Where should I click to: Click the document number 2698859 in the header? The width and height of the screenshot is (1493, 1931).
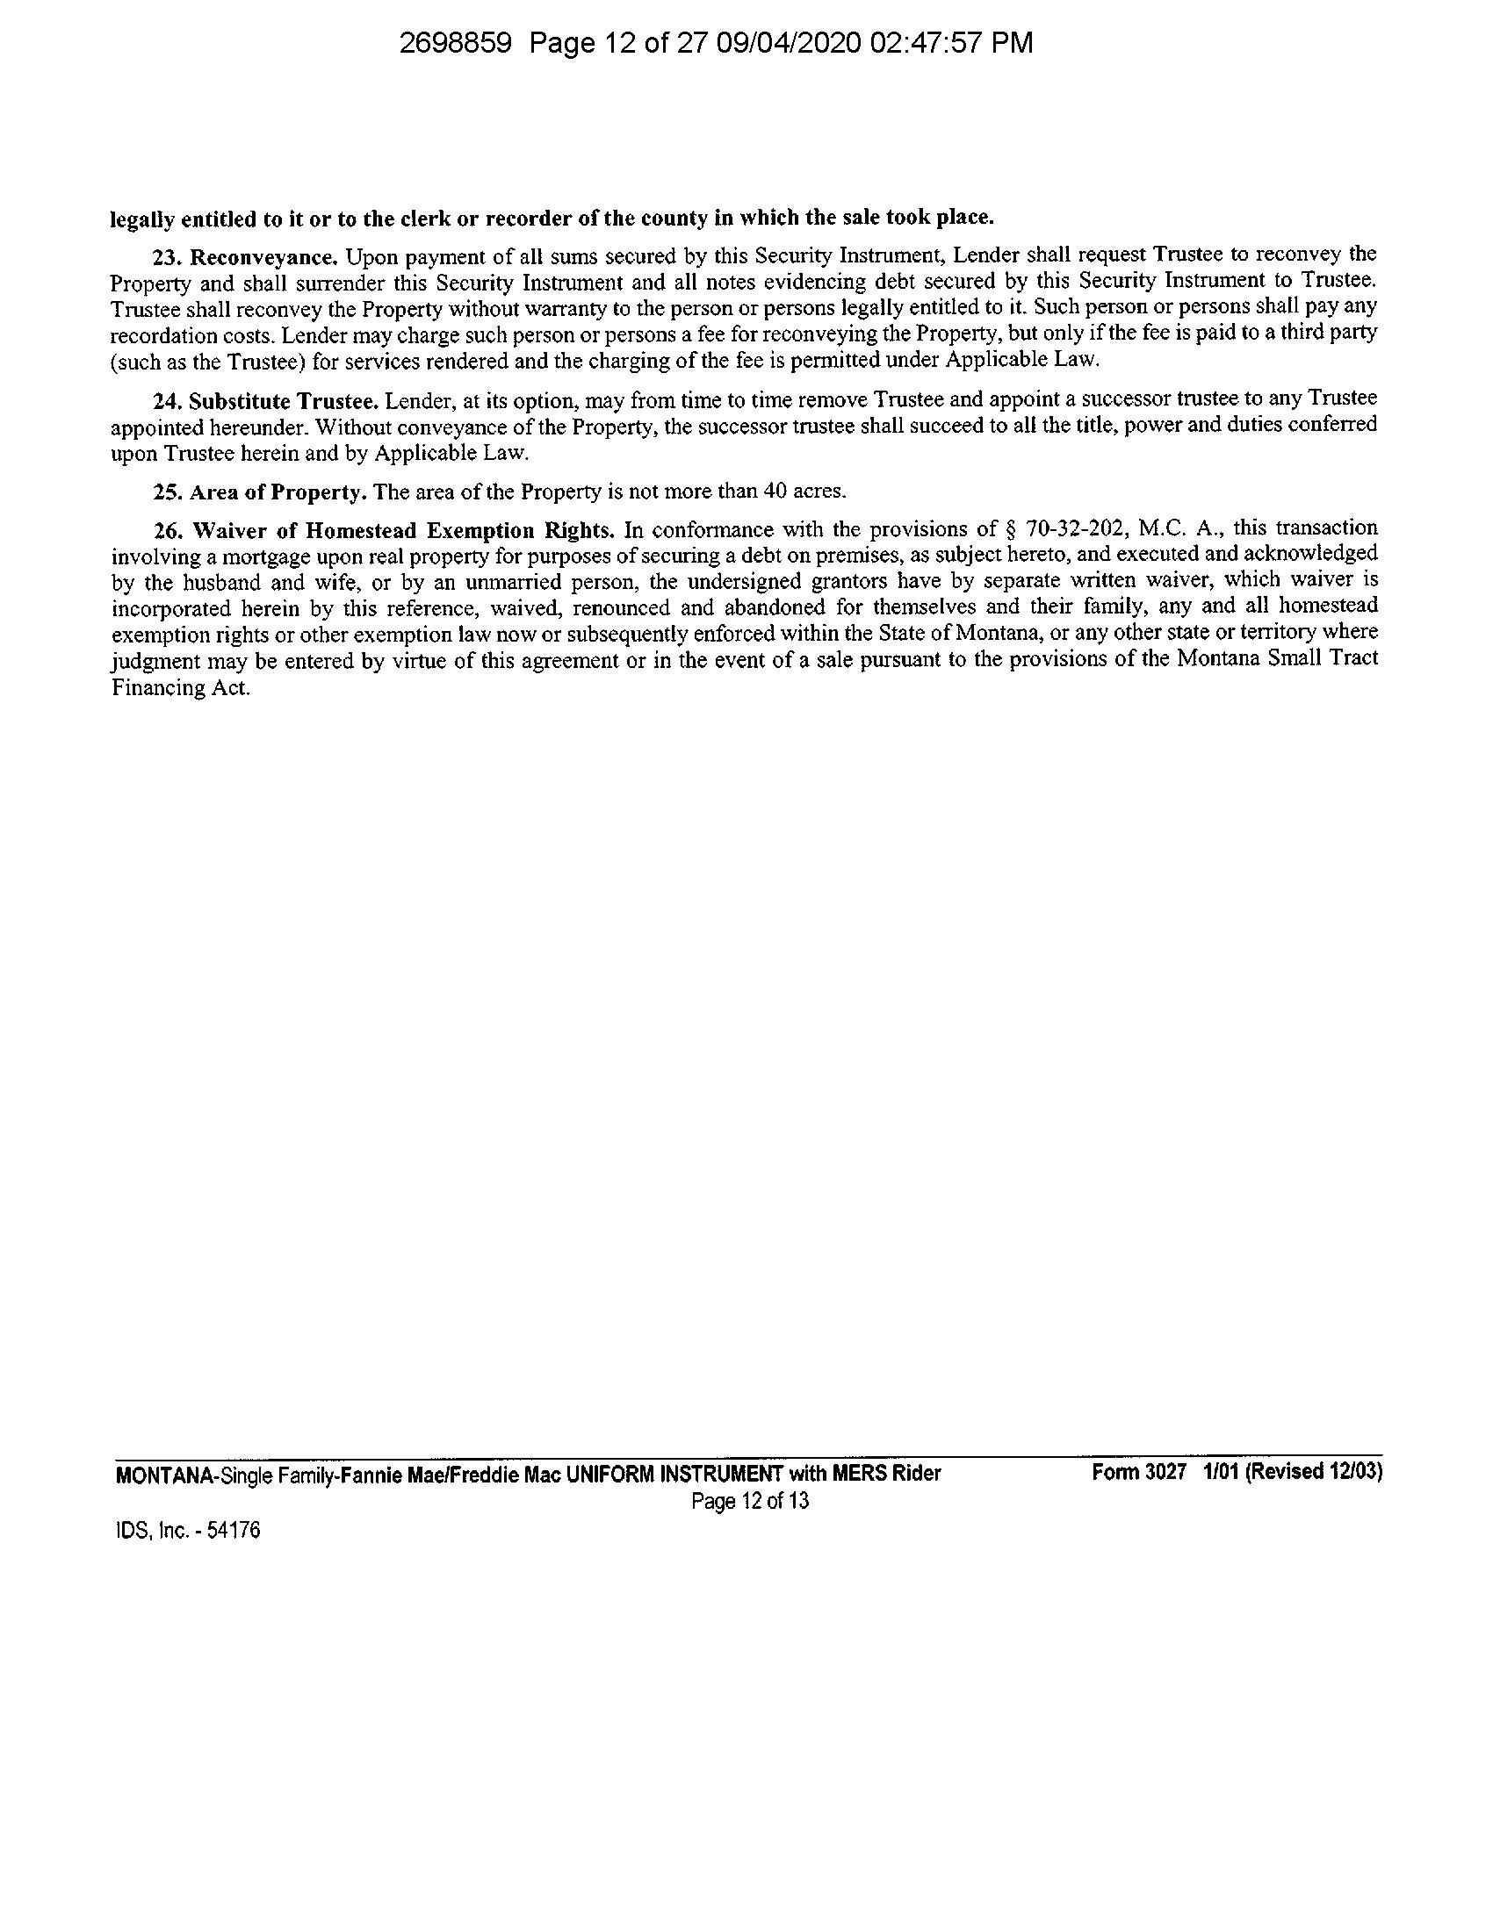[456, 43]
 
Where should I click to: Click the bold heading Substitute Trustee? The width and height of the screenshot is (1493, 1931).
[285, 401]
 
